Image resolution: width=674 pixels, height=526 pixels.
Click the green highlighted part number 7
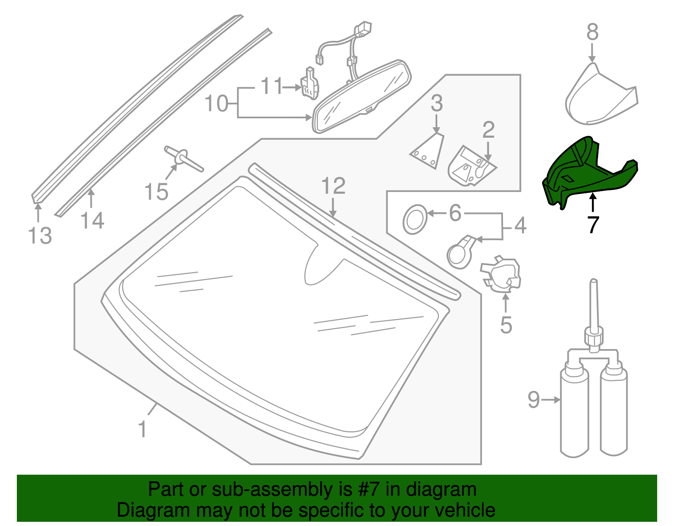590,173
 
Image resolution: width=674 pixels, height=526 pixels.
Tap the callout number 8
592,32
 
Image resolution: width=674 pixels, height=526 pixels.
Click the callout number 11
271,86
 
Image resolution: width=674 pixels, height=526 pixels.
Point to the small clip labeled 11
310,84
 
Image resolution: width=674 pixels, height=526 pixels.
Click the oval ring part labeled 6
415,219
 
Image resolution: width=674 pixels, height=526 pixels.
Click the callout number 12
333,186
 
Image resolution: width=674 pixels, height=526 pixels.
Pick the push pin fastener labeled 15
184,158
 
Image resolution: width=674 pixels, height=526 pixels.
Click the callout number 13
40,235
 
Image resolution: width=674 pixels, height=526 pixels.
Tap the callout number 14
92,220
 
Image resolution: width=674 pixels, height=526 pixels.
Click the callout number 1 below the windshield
142,429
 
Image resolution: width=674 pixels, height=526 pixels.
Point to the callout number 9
533,400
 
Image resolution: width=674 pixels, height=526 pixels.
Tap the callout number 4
521,226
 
